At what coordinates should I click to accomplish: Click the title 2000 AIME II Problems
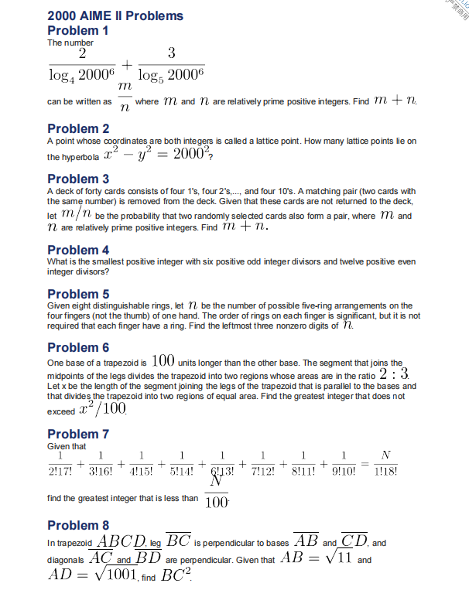115,15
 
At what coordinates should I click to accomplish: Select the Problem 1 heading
78,31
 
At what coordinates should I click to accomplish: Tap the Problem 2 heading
78,128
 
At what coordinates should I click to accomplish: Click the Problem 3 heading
78,179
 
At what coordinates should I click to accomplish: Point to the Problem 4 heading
78,250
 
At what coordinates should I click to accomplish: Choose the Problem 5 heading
78,294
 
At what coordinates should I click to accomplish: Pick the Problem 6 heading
78,347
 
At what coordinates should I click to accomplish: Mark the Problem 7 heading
78,434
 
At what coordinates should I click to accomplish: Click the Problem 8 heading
78,525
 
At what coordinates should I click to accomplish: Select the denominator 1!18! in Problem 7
386,472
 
